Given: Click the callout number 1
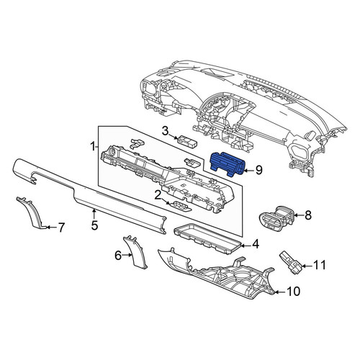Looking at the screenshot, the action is [x=93, y=146].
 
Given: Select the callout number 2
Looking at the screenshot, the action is [x=158, y=196].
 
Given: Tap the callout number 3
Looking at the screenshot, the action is [x=165, y=131].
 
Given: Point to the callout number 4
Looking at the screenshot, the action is [x=256, y=244].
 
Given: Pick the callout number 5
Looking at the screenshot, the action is [x=94, y=225].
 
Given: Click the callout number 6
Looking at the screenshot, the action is [x=118, y=256].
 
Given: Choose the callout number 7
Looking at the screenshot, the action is [x=61, y=228].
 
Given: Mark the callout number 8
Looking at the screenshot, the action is [x=308, y=215].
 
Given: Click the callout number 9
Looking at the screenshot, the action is [x=259, y=171].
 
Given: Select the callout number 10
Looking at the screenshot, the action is [x=293, y=292].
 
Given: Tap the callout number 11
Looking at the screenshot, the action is [x=320, y=265].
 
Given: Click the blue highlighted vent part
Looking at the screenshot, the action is [x=228, y=164].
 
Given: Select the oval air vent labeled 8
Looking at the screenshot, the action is [x=276, y=218].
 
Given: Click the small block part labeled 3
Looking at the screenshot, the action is [x=187, y=141].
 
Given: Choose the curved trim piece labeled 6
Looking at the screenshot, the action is [x=135, y=252].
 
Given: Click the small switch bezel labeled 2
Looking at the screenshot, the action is [x=179, y=206].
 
